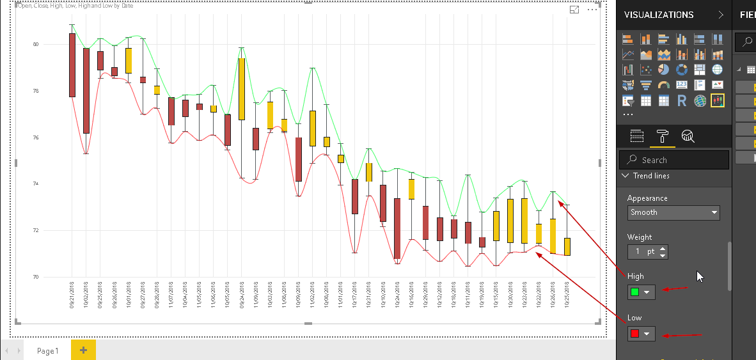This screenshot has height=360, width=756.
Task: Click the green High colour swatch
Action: click(635, 292)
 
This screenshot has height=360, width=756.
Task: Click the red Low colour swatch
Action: click(635, 334)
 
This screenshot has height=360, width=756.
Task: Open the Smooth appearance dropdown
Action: click(673, 212)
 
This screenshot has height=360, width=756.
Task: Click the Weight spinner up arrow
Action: click(663, 249)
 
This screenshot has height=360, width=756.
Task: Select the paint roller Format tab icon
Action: click(662, 136)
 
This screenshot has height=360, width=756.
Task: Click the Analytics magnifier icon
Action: click(688, 136)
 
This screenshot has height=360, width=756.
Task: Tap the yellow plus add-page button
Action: click(83, 350)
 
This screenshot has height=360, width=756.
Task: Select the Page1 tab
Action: click(47, 350)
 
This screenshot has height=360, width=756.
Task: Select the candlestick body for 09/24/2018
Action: click(242, 89)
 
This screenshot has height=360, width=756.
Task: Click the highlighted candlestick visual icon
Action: click(717, 100)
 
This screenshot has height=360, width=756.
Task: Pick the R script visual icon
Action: click(682, 100)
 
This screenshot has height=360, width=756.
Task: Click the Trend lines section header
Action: click(651, 176)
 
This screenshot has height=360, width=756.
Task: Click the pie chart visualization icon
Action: click(664, 70)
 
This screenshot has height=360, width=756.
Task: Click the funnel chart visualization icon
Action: click(646, 85)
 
